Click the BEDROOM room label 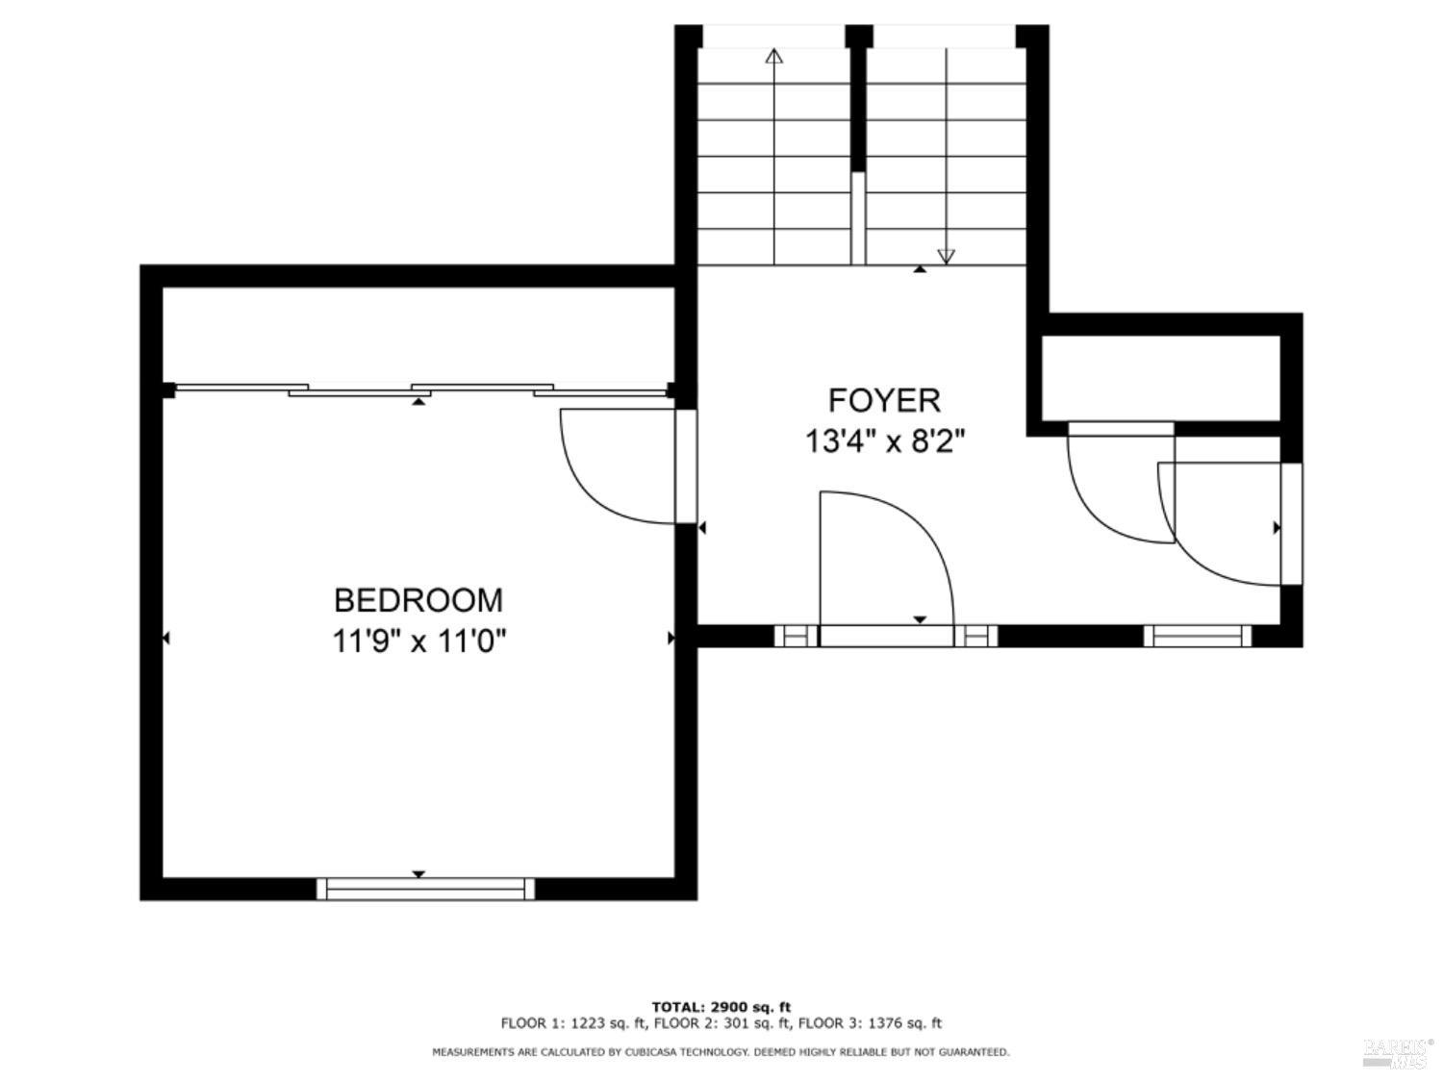(418, 600)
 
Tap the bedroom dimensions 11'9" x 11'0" (418, 641)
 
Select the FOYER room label (884, 400)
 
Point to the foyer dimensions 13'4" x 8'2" (884, 441)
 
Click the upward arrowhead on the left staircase (773, 56)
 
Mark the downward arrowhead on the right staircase (946, 256)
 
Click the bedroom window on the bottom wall (425, 889)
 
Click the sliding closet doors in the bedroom (418, 390)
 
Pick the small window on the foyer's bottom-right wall (1197, 636)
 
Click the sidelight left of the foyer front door (796, 636)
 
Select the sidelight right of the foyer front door (975, 636)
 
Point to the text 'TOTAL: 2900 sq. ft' (721, 1007)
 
